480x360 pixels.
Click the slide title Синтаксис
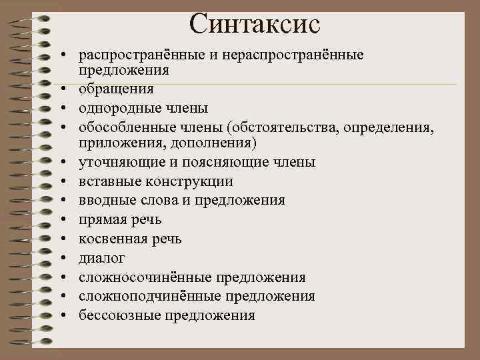pos(255,24)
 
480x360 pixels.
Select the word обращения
pos(116,89)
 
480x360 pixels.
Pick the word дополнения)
pos(215,143)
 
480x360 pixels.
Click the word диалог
pos(101,257)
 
